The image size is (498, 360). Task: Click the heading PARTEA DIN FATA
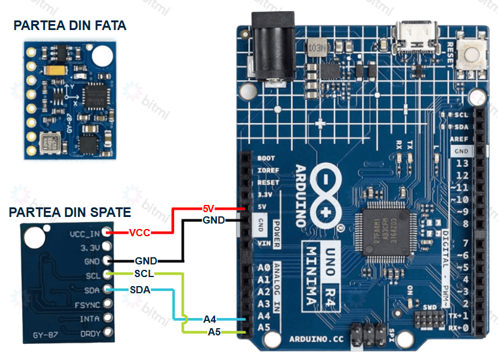tap(70, 25)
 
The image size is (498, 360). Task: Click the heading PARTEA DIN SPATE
tap(70, 212)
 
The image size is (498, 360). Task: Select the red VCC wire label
tap(139, 232)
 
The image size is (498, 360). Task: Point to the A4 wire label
tap(210, 319)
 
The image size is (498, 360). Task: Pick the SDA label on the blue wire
tap(140, 289)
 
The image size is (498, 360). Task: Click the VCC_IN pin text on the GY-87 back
tap(84, 233)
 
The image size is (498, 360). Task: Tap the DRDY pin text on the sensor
tap(90, 332)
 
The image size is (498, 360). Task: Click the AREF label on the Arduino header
tap(460, 139)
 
